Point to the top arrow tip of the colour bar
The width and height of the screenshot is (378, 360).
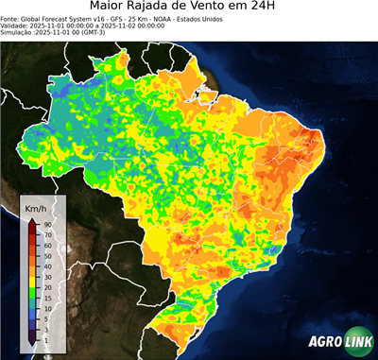[x=32, y=219]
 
